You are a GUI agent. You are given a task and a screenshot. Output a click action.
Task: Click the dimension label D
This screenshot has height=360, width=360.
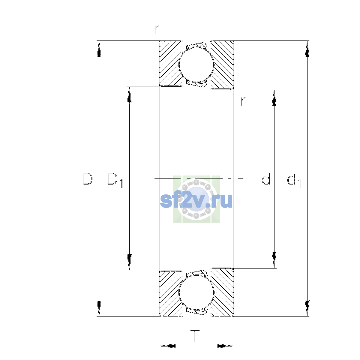tap(87, 179)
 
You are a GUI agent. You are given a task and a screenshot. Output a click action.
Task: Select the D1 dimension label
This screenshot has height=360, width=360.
tap(115, 180)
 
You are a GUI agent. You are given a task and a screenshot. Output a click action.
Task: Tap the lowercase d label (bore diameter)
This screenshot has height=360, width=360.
tap(266, 179)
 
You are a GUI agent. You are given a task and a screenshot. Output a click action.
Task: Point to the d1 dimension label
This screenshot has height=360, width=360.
tap(294, 180)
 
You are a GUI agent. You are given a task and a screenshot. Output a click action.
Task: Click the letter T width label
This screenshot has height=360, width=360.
tap(195, 336)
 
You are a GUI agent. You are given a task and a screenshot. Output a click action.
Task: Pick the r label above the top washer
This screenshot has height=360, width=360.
tap(157, 29)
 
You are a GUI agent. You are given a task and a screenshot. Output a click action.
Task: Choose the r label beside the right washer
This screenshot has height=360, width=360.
tap(243, 101)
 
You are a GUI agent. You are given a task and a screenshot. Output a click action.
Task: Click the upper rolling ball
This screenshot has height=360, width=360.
tap(196, 64)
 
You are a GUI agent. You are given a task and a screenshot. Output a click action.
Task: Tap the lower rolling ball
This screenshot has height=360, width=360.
tap(196, 293)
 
